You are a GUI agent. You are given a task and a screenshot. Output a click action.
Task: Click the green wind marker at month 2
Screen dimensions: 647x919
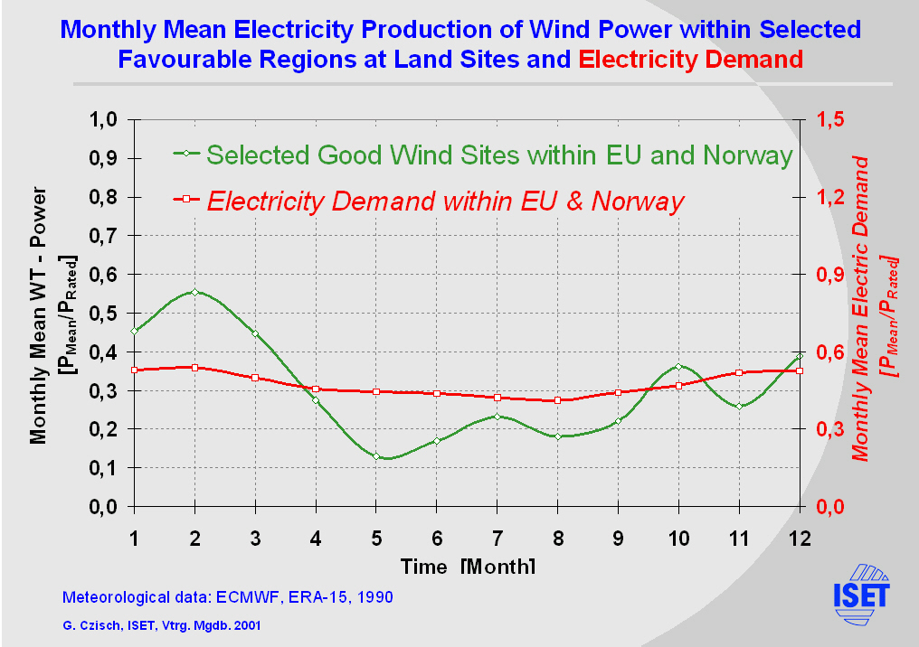[x=194, y=292]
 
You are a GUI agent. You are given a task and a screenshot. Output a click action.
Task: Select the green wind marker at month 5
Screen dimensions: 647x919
[x=376, y=456]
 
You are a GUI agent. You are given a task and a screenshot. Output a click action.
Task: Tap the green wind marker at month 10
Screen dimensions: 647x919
[x=678, y=367]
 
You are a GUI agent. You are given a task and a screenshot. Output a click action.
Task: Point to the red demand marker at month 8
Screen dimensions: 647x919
[x=557, y=400]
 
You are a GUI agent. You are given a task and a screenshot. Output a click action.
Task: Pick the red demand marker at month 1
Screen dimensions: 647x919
[x=134, y=370]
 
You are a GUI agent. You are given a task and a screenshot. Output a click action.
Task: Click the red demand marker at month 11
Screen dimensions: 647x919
[x=739, y=372]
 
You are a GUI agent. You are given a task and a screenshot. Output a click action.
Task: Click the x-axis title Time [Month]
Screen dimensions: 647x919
[x=468, y=567]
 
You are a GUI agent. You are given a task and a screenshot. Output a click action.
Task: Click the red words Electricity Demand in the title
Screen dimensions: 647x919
[x=692, y=60]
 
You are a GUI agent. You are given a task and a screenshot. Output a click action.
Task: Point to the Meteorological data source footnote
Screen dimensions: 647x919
[x=226, y=597]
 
